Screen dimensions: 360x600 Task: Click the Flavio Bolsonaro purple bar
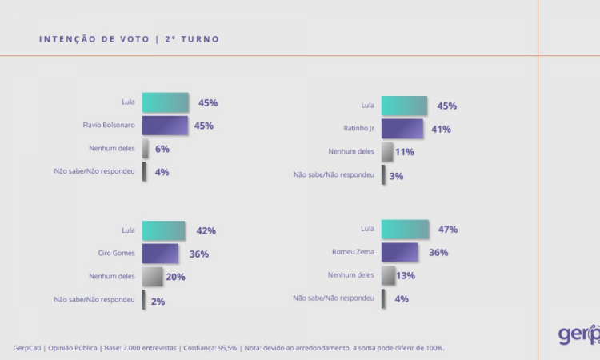click(165, 126)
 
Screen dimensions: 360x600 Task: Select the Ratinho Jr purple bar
click(402, 129)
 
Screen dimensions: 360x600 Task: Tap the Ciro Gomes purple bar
click(160, 254)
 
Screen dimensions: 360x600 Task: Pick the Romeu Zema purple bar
click(399, 253)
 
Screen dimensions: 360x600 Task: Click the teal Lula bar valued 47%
click(405, 230)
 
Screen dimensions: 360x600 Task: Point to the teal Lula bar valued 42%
click(163, 230)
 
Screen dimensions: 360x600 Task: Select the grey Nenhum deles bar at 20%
click(152, 277)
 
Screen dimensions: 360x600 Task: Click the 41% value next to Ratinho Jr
click(441, 129)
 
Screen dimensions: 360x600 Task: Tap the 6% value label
click(162, 149)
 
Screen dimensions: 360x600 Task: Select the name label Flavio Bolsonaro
click(108, 126)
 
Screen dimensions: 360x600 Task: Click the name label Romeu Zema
click(352, 253)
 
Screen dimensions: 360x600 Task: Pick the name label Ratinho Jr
click(357, 128)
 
